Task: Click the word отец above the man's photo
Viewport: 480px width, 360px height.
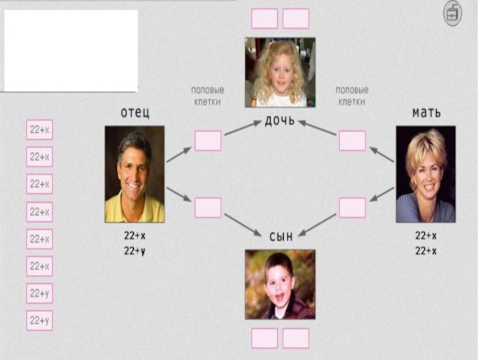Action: point(135,113)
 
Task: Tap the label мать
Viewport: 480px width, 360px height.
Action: point(426,112)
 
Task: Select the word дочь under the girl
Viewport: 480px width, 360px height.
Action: point(280,121)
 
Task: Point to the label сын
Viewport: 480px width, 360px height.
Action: point(280,237)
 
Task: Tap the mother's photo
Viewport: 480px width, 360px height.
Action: point(425,174)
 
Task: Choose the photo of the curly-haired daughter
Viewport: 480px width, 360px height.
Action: point(280,72)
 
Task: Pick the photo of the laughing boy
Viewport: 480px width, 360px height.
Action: point(280,284)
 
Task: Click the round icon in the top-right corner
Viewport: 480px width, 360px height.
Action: point(453,14)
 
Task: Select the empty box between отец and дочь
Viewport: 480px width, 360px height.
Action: point(208,141)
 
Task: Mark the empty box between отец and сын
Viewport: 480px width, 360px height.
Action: point(208,208)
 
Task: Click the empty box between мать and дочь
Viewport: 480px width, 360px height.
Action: point(352,141)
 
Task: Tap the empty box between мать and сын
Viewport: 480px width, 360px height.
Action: point(352,208)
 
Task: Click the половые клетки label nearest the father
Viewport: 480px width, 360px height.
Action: point(208,96)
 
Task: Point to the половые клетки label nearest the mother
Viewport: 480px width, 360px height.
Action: point(352,96)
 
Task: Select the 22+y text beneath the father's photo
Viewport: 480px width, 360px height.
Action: point(135,251)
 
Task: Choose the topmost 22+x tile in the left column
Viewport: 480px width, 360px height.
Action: point(40,130)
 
